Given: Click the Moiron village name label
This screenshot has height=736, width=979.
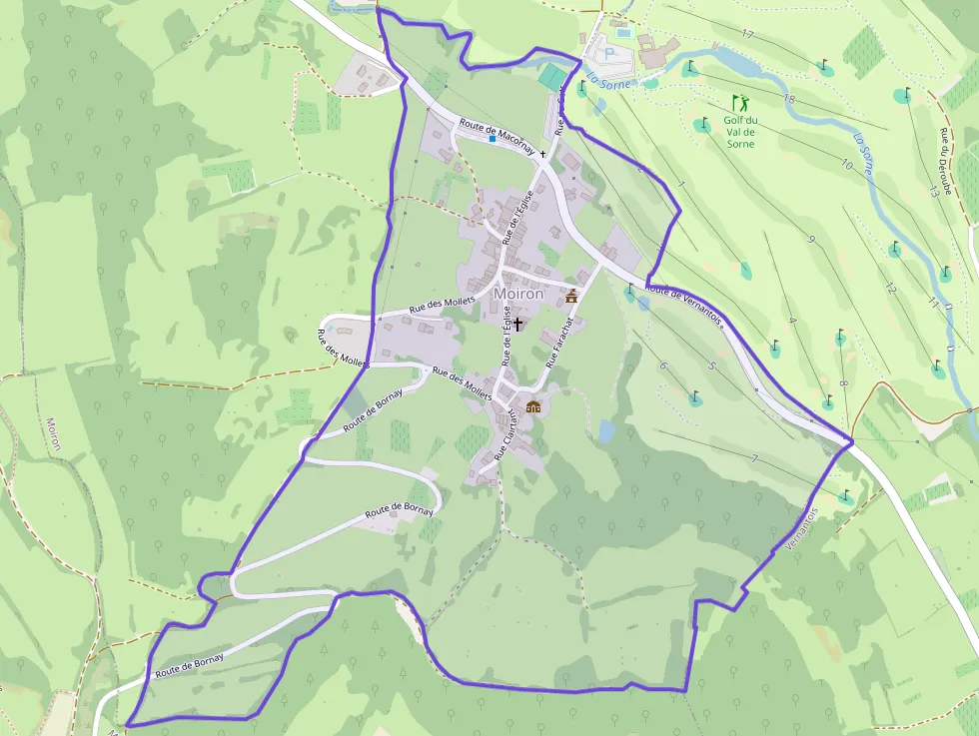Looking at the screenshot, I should click(518, 294).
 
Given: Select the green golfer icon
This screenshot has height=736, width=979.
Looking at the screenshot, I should click(739, 103).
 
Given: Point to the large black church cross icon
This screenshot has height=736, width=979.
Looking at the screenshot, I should click(518, 325).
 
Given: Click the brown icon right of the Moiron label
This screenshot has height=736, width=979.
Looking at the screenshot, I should click(571, 296).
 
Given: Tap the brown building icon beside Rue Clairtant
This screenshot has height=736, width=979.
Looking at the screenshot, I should click(533, 406).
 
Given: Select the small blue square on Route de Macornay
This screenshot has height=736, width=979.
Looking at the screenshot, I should click(492, 139).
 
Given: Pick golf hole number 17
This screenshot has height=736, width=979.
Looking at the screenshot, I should click(747, 34).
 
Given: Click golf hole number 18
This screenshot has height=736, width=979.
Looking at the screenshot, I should click(788, 99).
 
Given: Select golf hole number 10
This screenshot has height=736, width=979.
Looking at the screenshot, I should click(846, 164).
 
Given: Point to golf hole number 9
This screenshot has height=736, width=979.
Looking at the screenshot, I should click(811, 240).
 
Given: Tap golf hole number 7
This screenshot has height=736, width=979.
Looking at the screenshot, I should click(754, 458).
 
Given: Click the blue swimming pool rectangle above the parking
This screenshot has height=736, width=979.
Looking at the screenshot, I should click(623, 33).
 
